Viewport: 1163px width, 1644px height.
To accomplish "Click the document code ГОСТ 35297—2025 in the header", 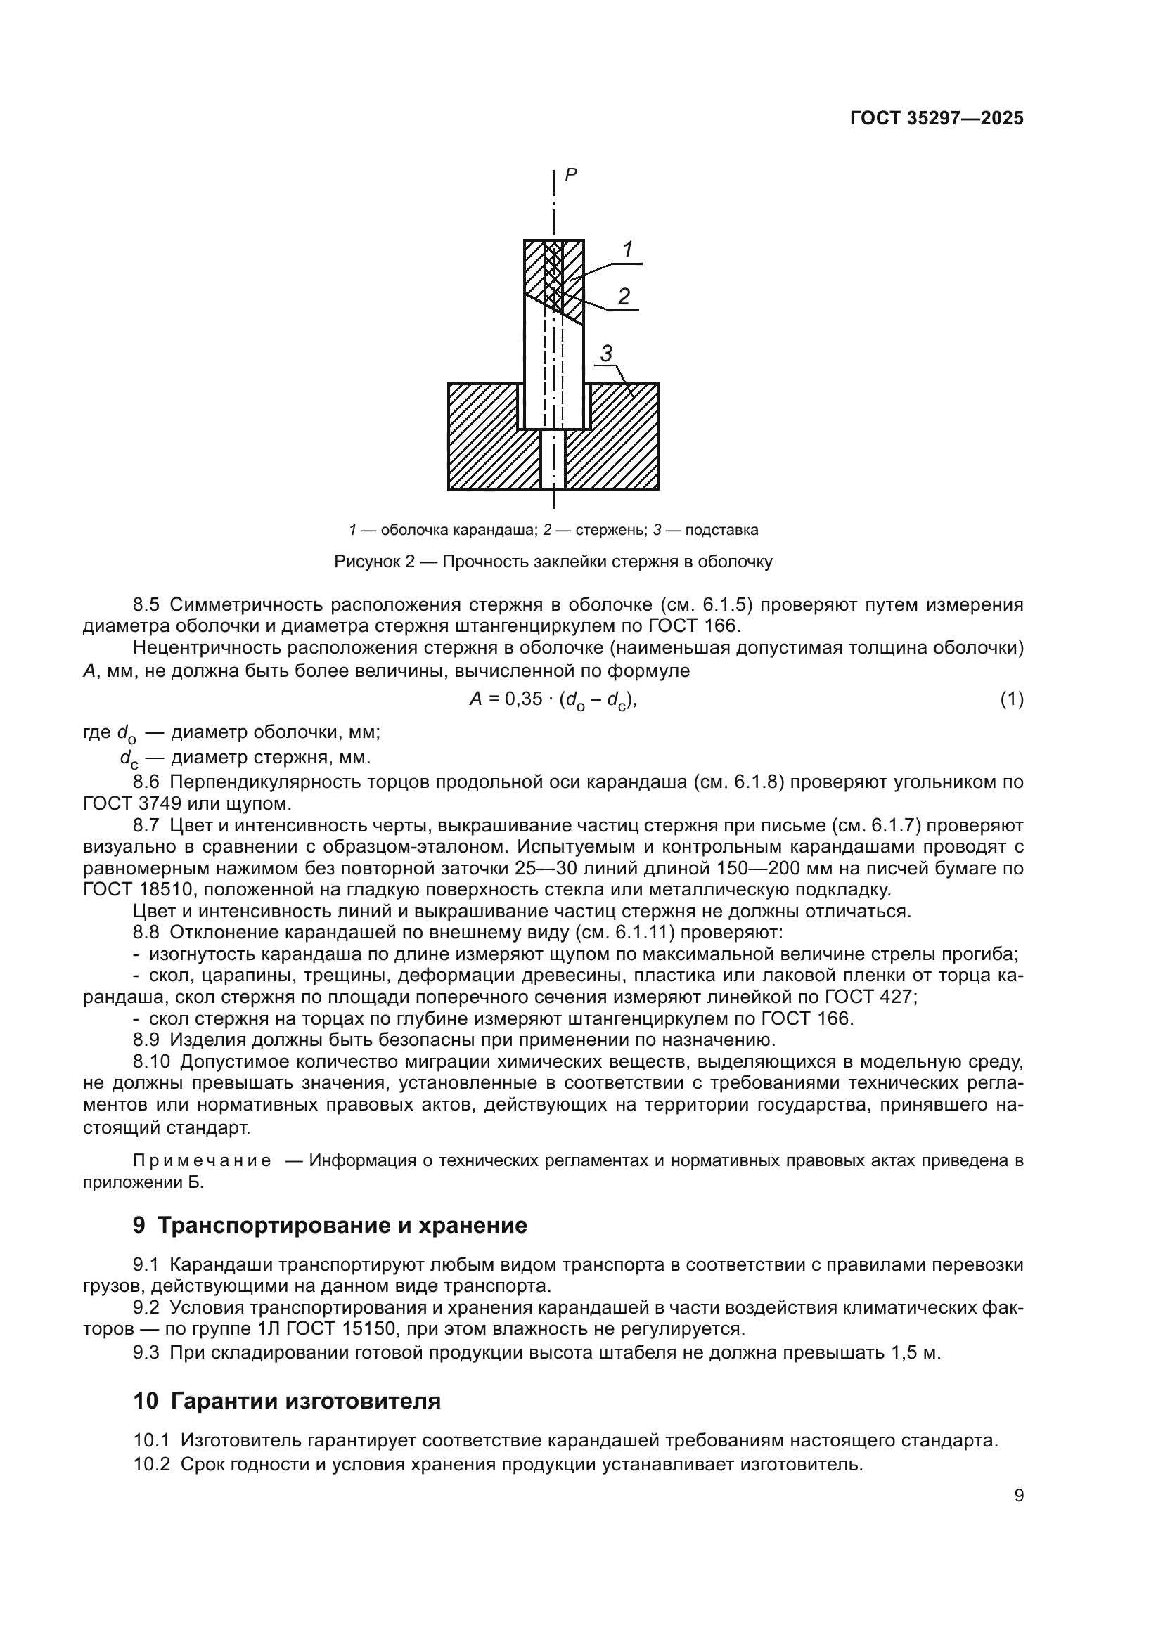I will (x=936, y=118).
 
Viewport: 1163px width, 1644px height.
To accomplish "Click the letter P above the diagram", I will (x=571, y=174).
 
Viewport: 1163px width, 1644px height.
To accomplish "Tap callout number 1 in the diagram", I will (x=627, y=250).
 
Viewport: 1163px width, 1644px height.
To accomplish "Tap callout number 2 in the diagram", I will (x=624, y=296).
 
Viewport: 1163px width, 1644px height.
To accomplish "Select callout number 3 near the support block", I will (x=606, y=353).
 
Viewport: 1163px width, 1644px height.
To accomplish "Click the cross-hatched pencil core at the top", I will (x=553, y=272).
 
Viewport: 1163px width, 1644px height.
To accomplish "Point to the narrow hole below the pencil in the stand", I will (x=553, y=459).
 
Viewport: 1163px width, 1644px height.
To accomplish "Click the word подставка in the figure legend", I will (x=721, y=530).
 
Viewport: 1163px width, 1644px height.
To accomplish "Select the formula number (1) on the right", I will (x=1011, y=699).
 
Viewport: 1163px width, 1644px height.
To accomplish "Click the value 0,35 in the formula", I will (x=524, y=699).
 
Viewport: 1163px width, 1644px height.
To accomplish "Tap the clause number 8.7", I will (x=146, y=825).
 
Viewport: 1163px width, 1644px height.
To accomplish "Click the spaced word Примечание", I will (x=202, y=1160).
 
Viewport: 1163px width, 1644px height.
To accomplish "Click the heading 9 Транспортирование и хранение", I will (x=330, y=1225).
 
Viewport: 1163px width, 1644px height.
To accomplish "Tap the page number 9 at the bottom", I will (x=1019, y=1496).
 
